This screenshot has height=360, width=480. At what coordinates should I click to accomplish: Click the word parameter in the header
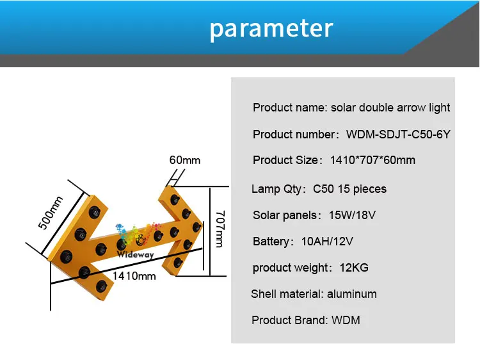tap(271, 29)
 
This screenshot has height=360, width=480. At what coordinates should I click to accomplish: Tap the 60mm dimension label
tap(185, 160)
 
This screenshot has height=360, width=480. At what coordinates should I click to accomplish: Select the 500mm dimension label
tap(51, 213)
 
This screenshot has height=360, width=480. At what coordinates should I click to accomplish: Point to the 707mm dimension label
tap(220, 229)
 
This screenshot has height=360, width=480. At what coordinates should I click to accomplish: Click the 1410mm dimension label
tap(134, 276)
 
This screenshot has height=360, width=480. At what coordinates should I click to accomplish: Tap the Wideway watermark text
tap(135, 254)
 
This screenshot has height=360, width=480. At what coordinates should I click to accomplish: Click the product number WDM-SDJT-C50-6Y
tap(398, 134)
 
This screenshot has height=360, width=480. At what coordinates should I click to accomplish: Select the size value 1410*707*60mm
tap(372, 160)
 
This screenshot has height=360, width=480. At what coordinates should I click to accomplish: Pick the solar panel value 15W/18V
tap(352, 215)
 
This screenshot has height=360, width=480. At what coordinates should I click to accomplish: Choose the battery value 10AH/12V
tap(327, 241)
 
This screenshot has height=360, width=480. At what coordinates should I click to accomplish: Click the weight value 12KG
tap(354, 268)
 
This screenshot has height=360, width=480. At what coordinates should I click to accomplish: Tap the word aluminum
tap(352, 294)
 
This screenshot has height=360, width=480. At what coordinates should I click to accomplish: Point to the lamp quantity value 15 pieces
tap(362, 189)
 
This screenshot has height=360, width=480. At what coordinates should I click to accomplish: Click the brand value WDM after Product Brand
tap(346, 320)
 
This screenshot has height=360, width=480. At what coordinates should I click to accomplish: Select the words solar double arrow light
tap(390, 108)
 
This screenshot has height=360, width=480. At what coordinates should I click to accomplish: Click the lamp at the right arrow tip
tap(196, 227)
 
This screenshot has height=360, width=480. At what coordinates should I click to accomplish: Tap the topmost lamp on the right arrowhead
tap(175, 199)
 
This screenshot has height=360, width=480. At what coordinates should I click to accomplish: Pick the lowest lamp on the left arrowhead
tap(102, 286)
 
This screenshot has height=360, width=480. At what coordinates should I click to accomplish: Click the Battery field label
tap(271, 241)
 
